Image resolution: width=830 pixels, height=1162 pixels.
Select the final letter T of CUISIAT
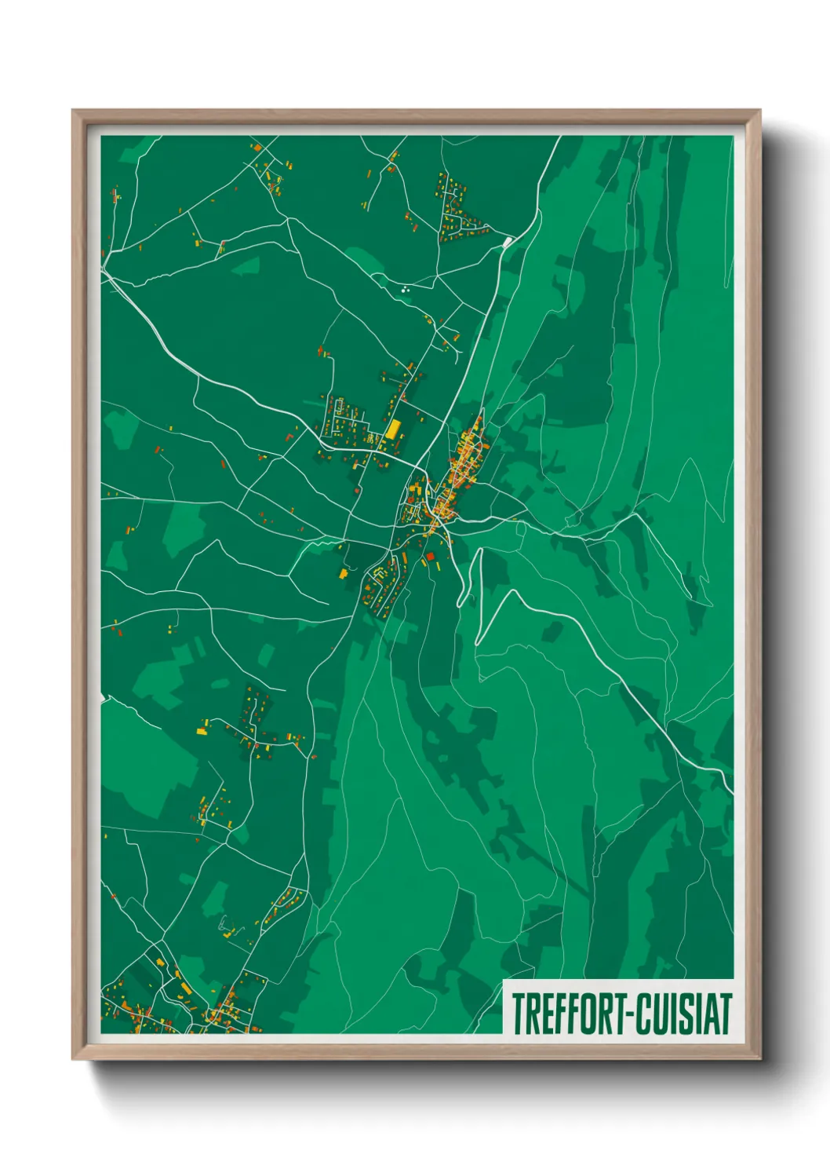[x=725, y=1014]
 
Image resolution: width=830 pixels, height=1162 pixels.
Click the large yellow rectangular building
[x=393, y=429]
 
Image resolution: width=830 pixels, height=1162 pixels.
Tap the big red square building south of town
[x=430, y=557]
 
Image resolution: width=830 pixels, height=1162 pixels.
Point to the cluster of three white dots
[x=406, y=290]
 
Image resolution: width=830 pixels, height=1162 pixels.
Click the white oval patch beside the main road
[x=508, y=242]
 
